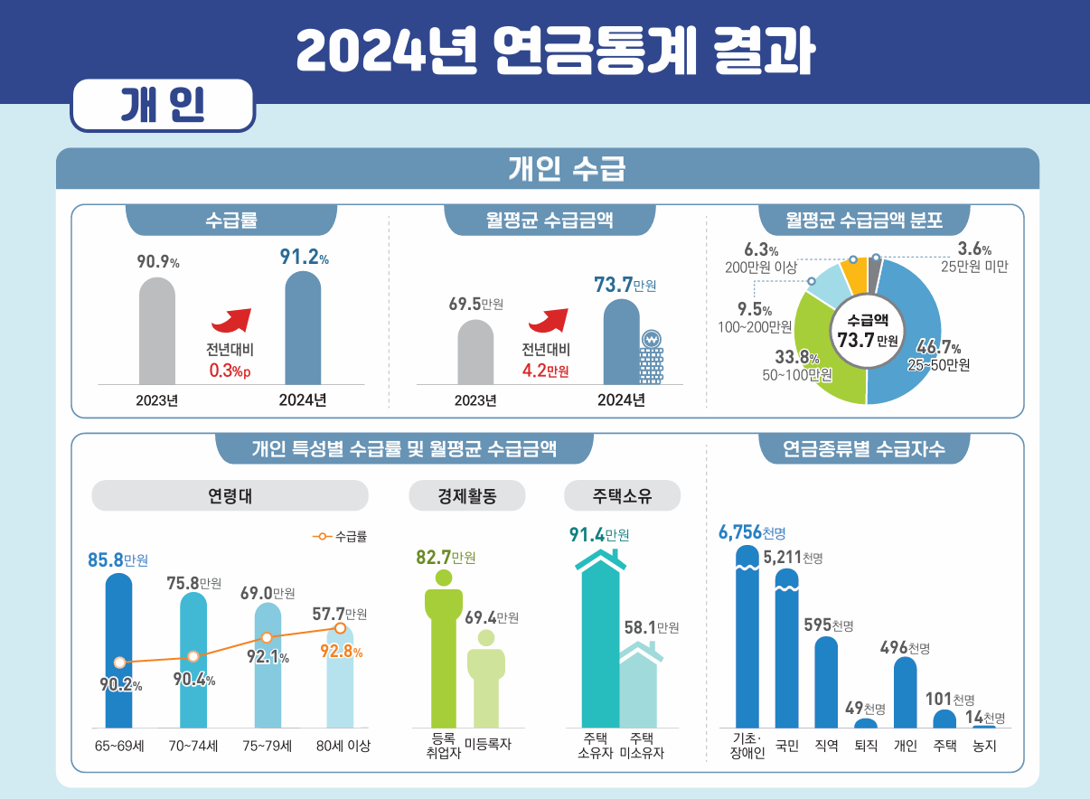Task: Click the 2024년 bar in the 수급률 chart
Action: tap(303, 328)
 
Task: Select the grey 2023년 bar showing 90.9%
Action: tap(157, 331)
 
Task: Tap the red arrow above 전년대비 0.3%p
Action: tap(231, 321)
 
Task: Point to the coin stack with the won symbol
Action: tap(651, 357)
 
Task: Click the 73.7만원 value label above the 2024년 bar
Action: tap(625, 285)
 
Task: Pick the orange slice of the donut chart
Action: tap(853, 276)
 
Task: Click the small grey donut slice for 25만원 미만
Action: tap(874, 276)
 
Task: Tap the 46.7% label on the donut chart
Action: tap(938, 347)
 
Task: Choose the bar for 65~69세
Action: tap(118, 651)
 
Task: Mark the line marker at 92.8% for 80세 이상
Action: tap(341, 628)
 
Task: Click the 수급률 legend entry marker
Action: tap(322, 536)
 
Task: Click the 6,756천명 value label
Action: tap(752, 532)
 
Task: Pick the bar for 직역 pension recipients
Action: tap(826, 682)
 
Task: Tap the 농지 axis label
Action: tap(984, 746)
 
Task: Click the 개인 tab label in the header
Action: tap(163, 105)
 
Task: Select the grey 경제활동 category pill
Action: tap(467, 495)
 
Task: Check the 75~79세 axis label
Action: tap(268, 746)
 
